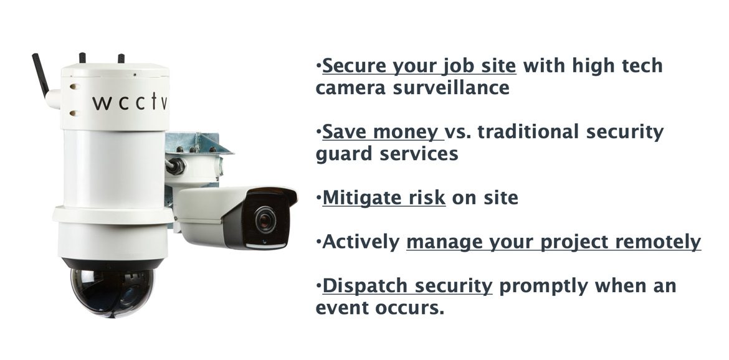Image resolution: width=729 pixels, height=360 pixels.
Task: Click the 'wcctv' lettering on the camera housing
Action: point(129,102)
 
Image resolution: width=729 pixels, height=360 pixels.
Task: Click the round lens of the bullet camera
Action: point(265,219)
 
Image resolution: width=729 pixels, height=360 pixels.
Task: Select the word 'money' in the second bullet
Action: point(406,133)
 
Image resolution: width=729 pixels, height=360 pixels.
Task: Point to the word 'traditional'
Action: point(528,132)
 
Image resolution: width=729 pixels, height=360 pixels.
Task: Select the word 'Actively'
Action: point(361,242)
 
